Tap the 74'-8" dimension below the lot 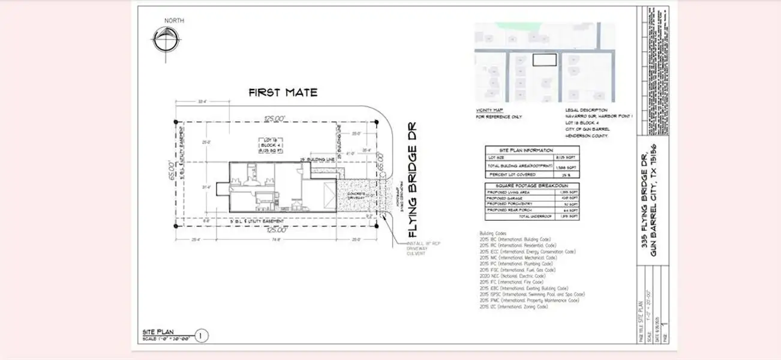pyautogui.click(x=276, y=239)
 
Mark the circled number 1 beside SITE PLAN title pyautogui.click(x=202, y=335)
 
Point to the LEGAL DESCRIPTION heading pyautogui.click(x=586, y=110)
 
